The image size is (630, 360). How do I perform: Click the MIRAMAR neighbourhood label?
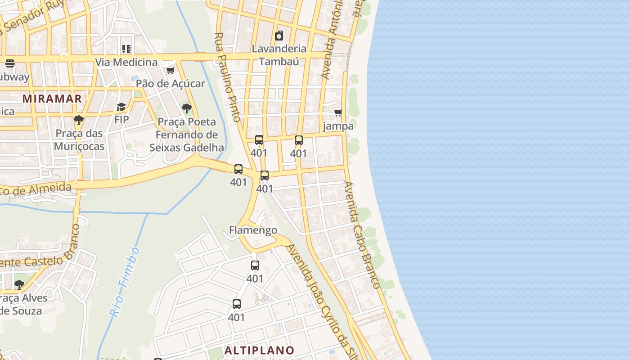[x=52, y=99]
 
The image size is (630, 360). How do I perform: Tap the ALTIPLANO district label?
[x=259, y=350]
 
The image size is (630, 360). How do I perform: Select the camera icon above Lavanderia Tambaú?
[x=279, y=36]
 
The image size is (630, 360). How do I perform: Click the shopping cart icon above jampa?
[x=338, y=112]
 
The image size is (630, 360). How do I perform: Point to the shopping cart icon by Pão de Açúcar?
[x=170, y=70]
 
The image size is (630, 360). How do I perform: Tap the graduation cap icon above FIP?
[x=121, y=107]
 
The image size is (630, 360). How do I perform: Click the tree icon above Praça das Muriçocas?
[x=79, y=120]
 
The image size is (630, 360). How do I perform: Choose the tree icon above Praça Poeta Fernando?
[x=186, y=108]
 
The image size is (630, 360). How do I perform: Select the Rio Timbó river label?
[x=124, y=282]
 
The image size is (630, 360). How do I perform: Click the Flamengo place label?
[x=253, y=230]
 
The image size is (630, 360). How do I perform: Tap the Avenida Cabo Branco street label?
[x=362, y=234]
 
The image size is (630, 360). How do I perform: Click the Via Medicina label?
[x=126, y=62]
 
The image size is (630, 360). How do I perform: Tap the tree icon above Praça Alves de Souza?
[x=19, y=284]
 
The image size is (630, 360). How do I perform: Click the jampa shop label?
[x=338, y=126]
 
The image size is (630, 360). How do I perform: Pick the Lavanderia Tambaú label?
[x=279, y=55]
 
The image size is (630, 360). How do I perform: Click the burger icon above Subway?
[x=10, y=63]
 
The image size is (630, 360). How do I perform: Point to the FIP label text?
[x=121, y=120]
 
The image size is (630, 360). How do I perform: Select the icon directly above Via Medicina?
[x=126, y=49]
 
